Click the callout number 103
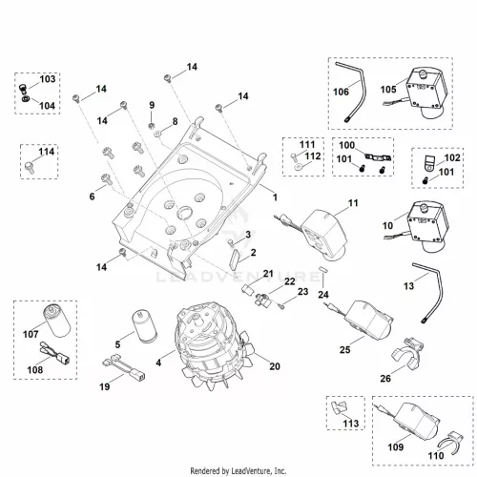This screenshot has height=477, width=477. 48,79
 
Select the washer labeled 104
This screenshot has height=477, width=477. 25,99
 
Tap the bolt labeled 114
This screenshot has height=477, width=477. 30,167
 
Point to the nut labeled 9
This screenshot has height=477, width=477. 152,126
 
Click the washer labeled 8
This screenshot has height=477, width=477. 158,135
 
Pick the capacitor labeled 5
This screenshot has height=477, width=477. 145,327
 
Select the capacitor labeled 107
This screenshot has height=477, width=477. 57,321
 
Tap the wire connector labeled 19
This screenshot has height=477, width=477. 123,368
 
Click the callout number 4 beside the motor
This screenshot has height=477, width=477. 158,363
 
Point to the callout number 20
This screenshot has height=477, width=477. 275,366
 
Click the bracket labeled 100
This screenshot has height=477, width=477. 378,157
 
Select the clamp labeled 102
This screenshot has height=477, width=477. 429,163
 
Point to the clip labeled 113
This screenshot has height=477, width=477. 339,407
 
